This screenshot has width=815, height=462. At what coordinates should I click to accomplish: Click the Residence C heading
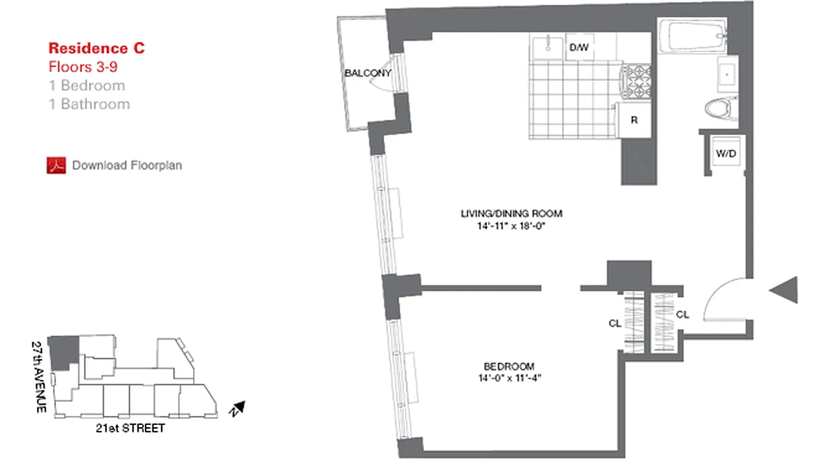(96, 48)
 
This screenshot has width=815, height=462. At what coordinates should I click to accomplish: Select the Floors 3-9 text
(83, 66)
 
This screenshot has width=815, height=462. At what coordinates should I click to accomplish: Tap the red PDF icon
(56, 165)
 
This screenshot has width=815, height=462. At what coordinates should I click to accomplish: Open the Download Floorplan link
(126, 166)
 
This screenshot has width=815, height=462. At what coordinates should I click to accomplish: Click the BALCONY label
(368, 73)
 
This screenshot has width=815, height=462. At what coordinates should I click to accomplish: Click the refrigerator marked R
(634, 121)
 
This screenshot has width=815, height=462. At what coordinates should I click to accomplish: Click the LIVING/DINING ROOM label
(511, 214)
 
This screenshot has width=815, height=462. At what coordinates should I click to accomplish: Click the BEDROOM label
(509, 366)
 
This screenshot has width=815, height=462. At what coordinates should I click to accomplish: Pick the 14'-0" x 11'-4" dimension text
(509, 379)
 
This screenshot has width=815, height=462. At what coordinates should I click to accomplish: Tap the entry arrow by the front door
(786, 289)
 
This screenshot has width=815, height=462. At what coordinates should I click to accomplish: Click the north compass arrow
(239, 408)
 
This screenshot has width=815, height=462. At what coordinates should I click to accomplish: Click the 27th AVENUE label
(39, 376)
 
